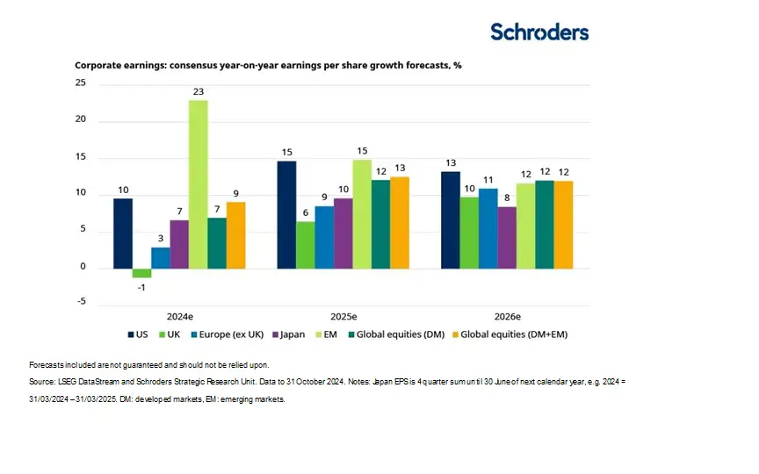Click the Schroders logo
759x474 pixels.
click(539, 32)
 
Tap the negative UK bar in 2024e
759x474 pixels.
click(141, 273)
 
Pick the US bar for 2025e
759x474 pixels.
click(286, 215)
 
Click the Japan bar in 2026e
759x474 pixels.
click(506, 238)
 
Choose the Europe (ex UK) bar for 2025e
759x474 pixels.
click(324, 237)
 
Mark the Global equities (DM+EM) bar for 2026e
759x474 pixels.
click(563, 225)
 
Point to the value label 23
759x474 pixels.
click(199, 91)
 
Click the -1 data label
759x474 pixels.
click(141, 287)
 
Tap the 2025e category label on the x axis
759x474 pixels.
click(343, 316)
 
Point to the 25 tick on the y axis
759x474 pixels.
click(80, 83)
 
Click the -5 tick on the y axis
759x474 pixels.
click(80, 302)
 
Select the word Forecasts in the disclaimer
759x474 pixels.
click(47, 364)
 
